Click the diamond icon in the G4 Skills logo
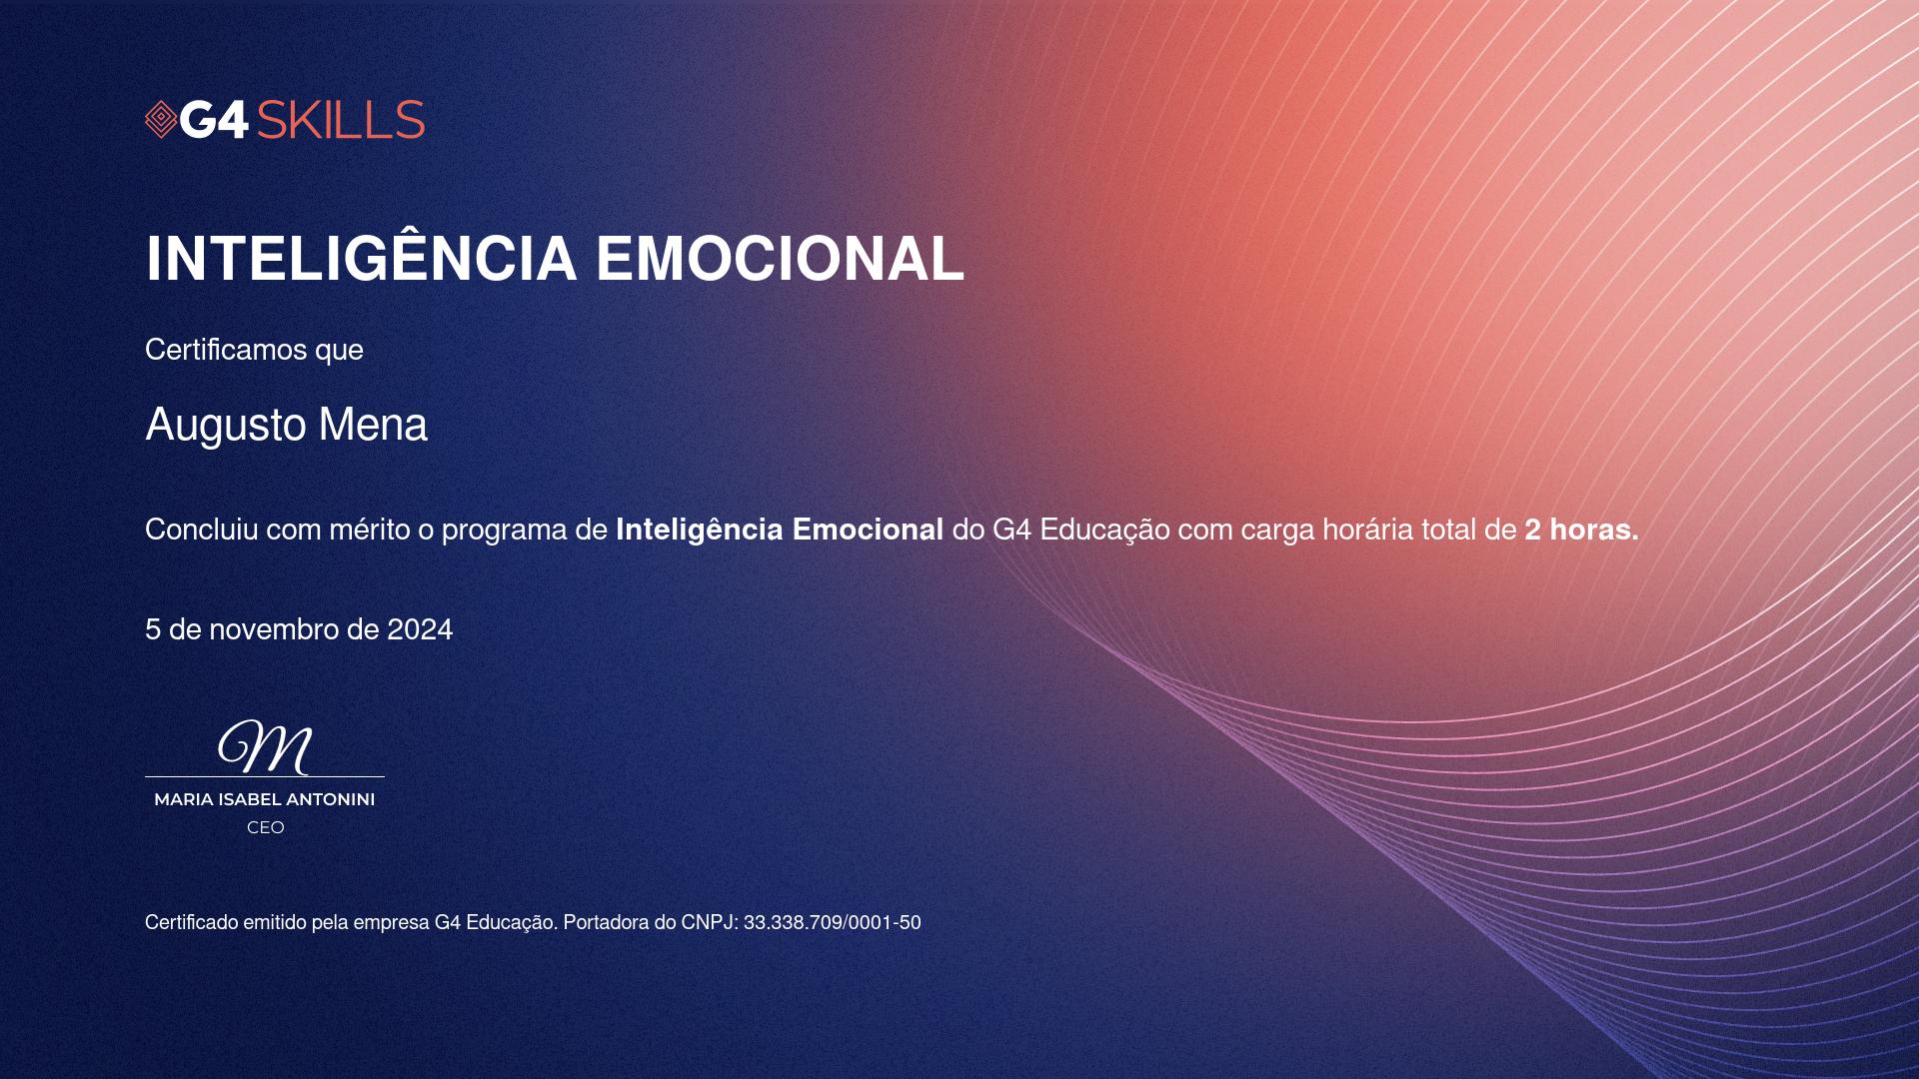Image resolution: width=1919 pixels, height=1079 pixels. (x=161, y=120)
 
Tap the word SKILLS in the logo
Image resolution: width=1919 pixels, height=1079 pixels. (x=341, y=120)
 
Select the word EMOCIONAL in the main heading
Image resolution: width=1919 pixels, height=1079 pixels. (x=780, y=259)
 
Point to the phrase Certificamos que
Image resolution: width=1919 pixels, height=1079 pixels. (x=254, y=350)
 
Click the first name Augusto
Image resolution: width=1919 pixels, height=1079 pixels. (x=226, y=426)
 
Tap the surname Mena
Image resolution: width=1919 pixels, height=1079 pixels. (x=373, y=424)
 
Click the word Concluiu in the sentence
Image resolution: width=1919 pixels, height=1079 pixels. (x=202, y=529)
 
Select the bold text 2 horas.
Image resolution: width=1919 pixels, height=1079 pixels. (x=1581, y=530)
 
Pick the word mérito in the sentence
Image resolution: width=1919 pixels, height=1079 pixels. (x=370, y=530)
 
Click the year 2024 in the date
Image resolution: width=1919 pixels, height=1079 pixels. (x=420, y=629)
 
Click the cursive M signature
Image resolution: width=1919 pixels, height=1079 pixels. (x=265, y=747)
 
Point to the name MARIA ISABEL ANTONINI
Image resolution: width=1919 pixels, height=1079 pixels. (x=265, y=799)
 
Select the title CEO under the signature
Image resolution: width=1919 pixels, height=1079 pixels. (x=266, y=827)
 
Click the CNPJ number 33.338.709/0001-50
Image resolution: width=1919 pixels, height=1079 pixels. (x=833, y=923)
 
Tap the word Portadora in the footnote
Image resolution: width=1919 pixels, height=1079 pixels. (x=606, y=923)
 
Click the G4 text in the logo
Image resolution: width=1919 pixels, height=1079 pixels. (x=214, y=120)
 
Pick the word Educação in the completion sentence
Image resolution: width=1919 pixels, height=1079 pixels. (x=1104, y=530)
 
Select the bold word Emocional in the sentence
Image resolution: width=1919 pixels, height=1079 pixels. (x=868, y=530)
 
